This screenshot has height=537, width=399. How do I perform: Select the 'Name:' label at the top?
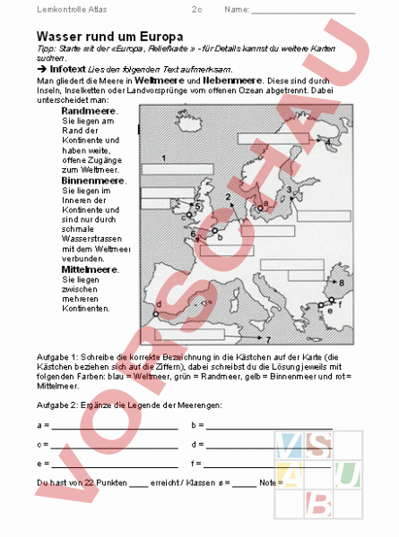pyautogui.click(x=237, y=10)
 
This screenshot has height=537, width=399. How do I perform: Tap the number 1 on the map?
pyautogui.click(x=163, y=158)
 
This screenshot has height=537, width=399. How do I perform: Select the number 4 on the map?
pyautogui.click(x=329, y=142)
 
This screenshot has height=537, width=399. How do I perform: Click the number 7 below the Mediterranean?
pyautogui.click(x=268, y=341)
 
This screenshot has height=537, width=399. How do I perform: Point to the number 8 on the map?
pyautogui.click(x=342, y=283)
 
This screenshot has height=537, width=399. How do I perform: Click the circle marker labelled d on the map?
pyautogui.click(x=156, y=313)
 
